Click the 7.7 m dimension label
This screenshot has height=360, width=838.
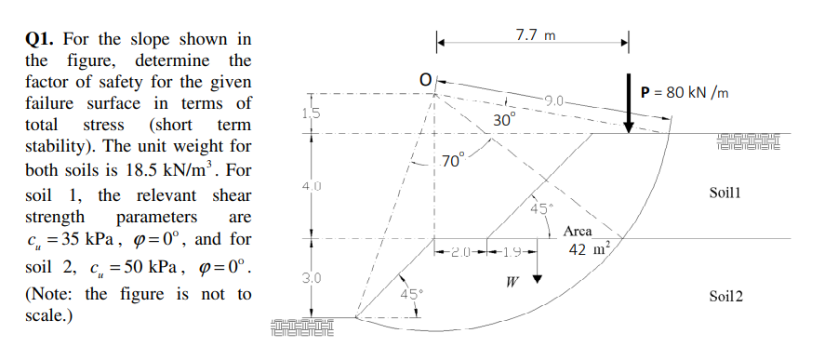point(535,36)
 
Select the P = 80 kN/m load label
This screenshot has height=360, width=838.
point(685,92)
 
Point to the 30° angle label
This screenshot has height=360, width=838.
point(503,120)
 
